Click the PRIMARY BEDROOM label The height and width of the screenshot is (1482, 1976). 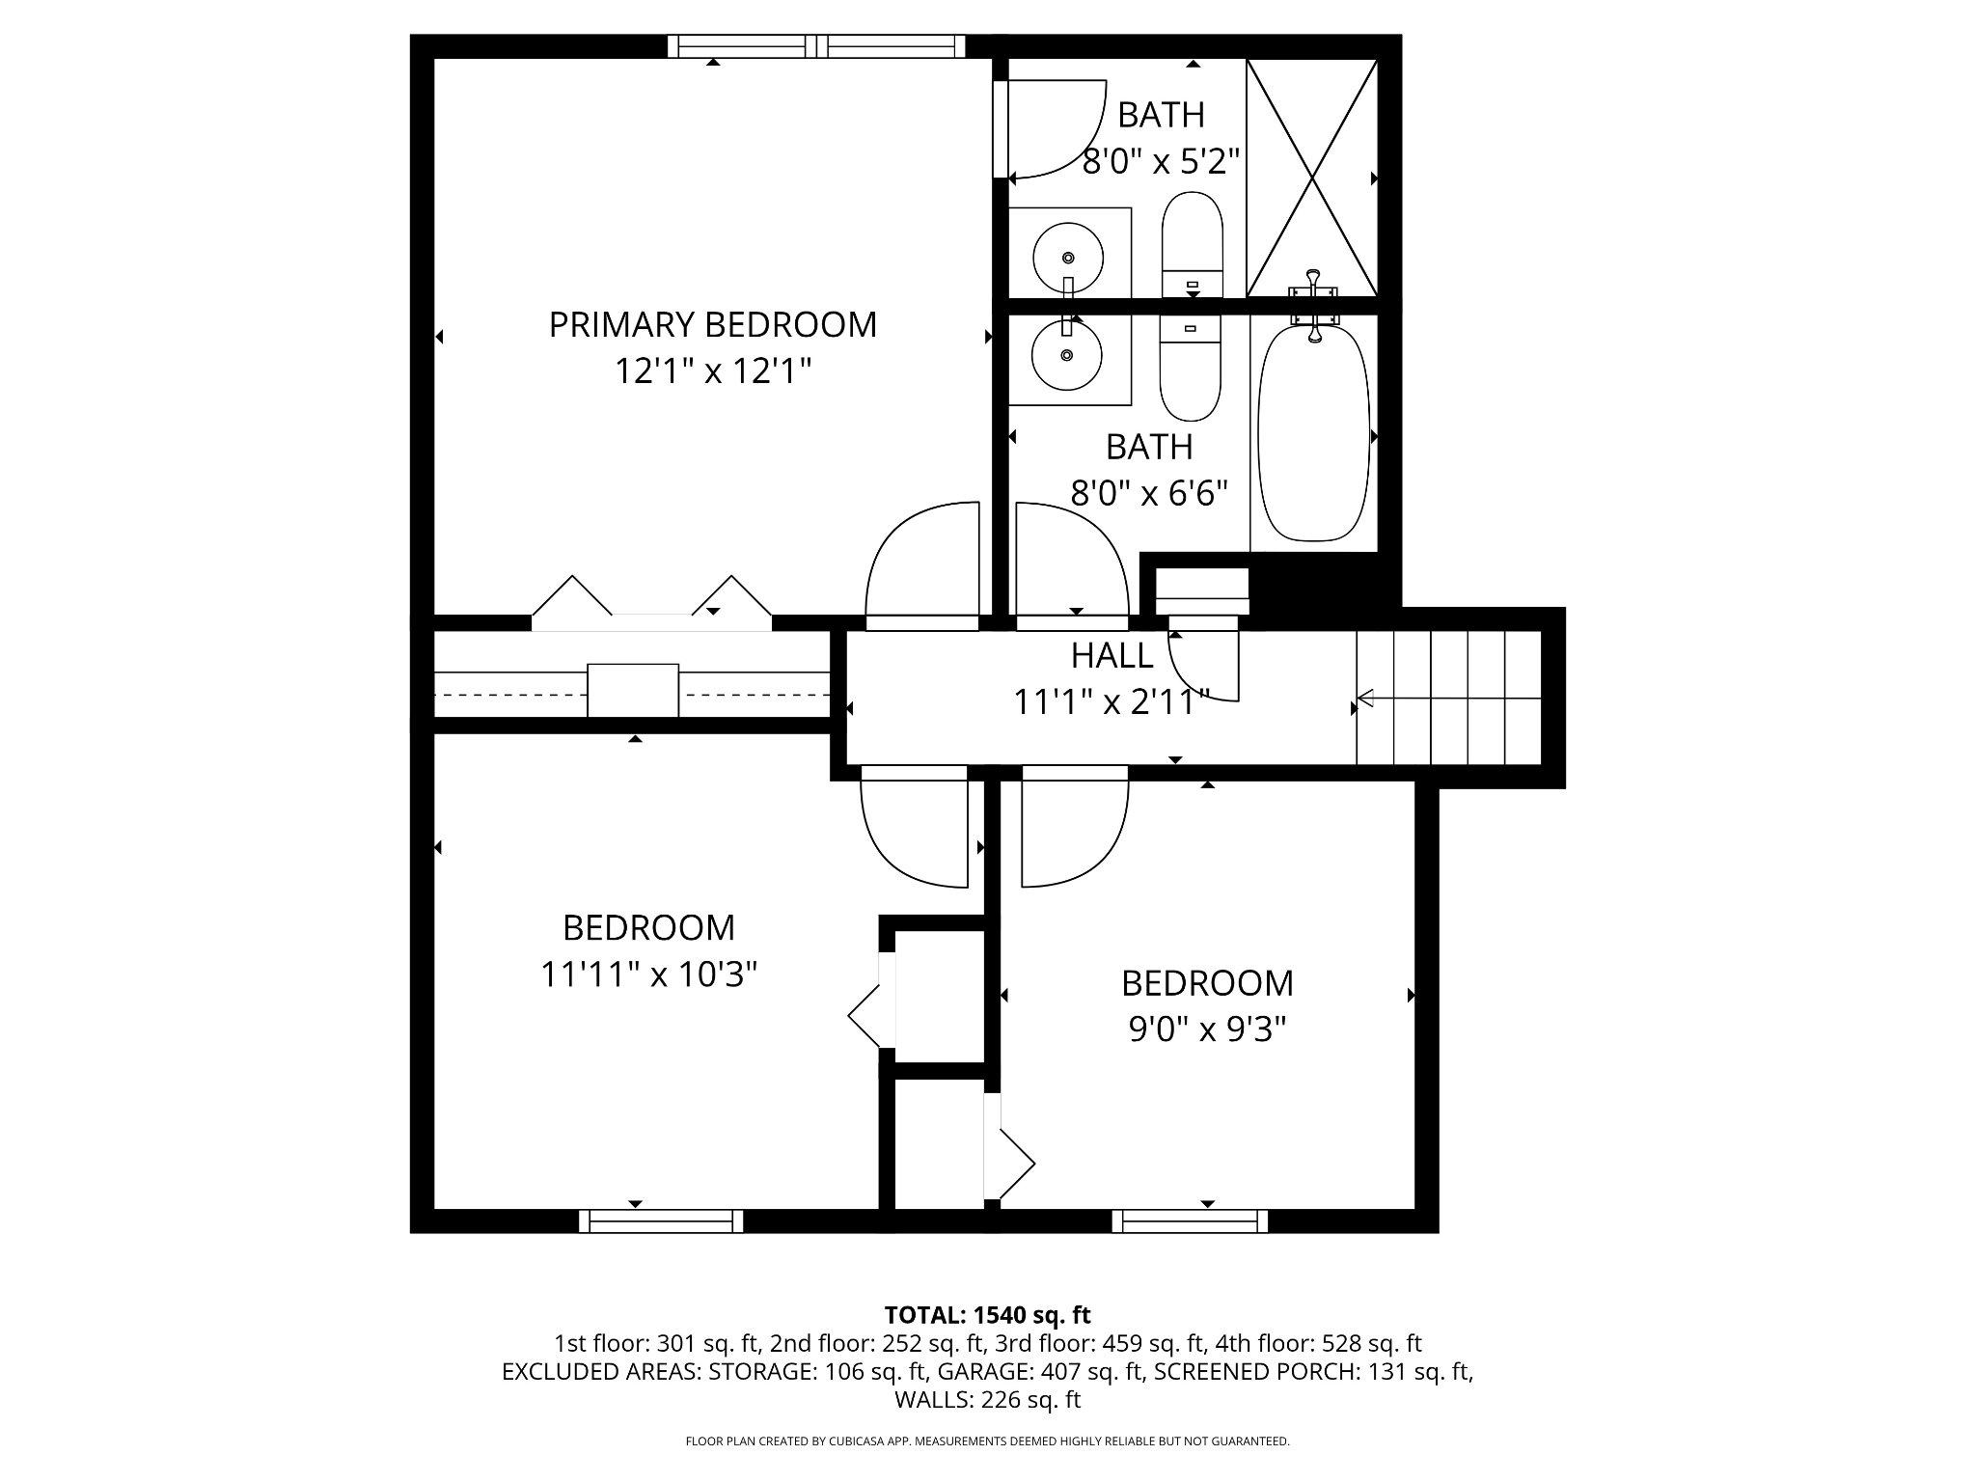[712, 324]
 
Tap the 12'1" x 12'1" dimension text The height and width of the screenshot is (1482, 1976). [712, 370]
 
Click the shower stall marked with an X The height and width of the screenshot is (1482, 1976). [1312, 178]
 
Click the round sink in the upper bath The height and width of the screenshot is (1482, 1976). [1068, 258]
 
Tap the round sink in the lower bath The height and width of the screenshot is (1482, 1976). [1066, 355]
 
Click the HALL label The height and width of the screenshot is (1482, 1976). [1111, 656]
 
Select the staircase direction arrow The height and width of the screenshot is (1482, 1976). [1447, 697]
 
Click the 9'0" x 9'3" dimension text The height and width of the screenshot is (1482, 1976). [1207, 1030]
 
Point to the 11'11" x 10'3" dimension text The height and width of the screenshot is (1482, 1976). [648, 974]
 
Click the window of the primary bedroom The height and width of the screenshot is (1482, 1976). [816, 45]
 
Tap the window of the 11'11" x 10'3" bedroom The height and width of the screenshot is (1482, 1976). [661, 1221]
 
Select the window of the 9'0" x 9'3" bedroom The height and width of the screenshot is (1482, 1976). [1190, 1221]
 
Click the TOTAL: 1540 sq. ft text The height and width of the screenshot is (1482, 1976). [987, 1315]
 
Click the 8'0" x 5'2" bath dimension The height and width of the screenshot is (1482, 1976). [1160, 161]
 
